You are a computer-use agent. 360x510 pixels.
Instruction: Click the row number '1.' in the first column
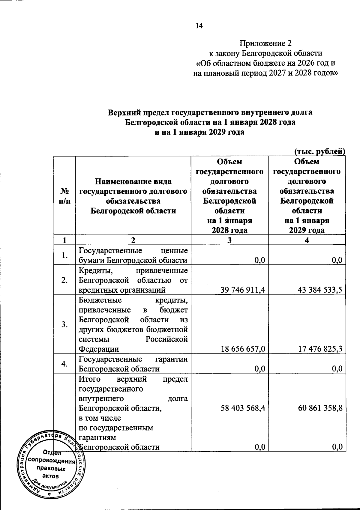(x=64, y=255)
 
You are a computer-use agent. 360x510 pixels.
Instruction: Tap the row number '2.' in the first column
(x=64, y=280)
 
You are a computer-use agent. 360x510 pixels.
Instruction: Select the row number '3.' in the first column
(x=64, y=324)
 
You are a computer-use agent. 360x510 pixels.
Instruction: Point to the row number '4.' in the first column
(x=64, y=364)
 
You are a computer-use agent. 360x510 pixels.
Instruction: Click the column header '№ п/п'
(x=64, y=196)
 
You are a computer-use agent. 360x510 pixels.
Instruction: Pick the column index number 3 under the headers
(x=229, y=240)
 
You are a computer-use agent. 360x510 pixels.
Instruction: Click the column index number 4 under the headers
(x=307, y=240)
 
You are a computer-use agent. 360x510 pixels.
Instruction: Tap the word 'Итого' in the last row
(x=89, y=379)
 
